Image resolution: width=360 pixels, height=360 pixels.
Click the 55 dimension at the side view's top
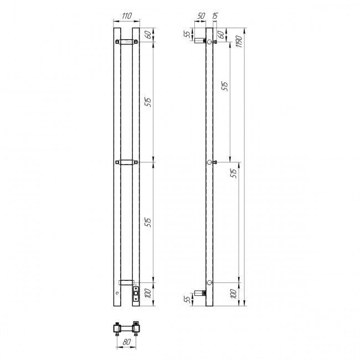coord(187,34)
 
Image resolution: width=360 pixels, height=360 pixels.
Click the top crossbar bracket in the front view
coord(127,42)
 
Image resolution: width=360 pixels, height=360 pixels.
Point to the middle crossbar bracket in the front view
coord(127,162)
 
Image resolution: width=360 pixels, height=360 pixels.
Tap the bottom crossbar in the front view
coord(126,281)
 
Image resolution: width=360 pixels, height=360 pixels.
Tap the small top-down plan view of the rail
coord(126,328)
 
